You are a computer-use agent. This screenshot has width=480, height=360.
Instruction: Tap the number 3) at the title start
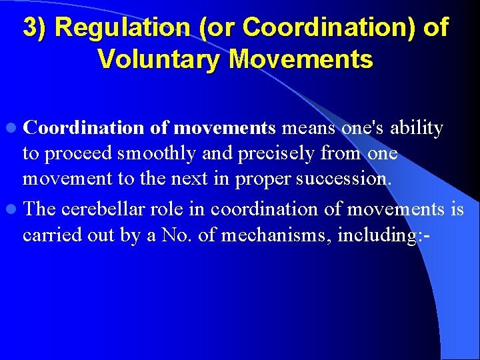(35, 27)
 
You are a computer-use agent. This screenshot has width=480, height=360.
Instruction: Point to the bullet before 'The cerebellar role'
(14, 210)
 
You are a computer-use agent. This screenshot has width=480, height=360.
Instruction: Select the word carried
(47, 235)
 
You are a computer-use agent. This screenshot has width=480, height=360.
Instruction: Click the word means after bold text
(309, 127)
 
